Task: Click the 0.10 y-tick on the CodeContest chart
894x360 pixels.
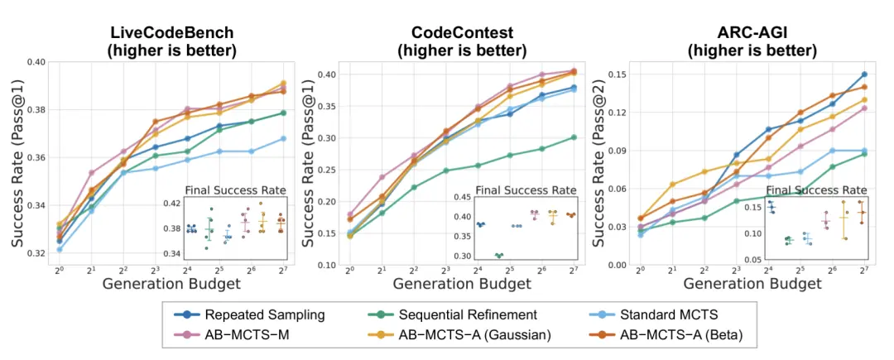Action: click(x=327, y=265)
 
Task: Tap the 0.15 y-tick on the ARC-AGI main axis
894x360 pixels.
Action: click(x=616, y=74)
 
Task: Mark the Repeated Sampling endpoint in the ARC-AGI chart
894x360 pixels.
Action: click(x=864, y=74)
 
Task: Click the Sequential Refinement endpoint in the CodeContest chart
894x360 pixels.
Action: click(x=574, y=137)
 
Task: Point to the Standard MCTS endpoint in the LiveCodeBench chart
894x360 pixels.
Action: click(x=283, y=138)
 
